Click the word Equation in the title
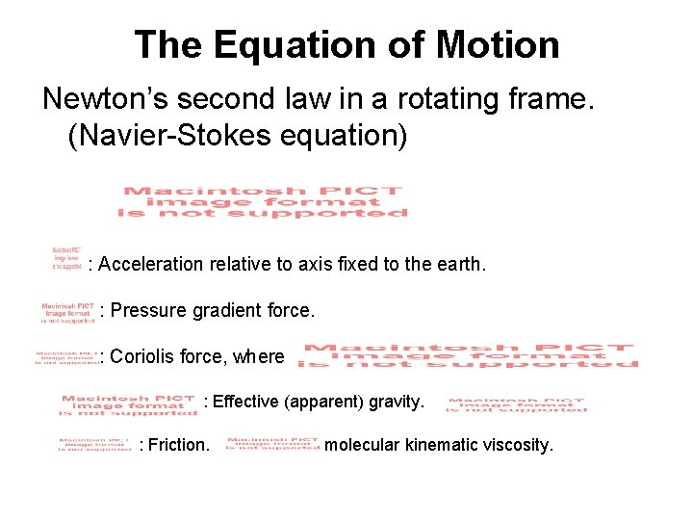point(291,45)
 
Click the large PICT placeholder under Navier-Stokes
point(262,202)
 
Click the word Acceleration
point(150,264)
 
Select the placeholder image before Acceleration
point(66,259)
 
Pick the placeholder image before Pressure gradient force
point(66,310)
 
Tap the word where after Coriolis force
point(258,357)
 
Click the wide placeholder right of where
point(468,355)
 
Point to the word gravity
point(396,402)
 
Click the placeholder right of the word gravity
point(517,404)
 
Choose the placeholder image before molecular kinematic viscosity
point(272,444)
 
